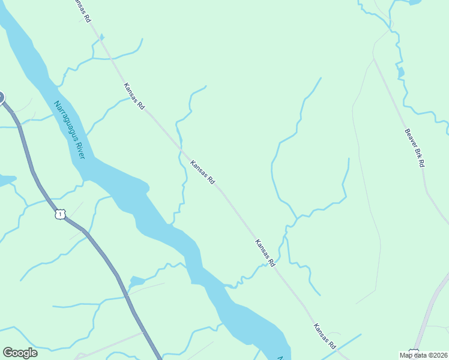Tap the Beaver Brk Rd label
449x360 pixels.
click(414, 148)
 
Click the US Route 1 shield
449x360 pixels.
click(59, 214)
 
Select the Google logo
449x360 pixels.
click(20, 353)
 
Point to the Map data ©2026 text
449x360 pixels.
click(423, 355)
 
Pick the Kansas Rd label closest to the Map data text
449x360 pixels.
click(324, 336)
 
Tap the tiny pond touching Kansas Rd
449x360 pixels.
click(101, 37)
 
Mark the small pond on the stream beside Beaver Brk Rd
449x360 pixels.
click(400, 73)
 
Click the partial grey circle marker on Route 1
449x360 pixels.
click(1, 97)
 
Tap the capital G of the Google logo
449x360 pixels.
click(8, 353)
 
